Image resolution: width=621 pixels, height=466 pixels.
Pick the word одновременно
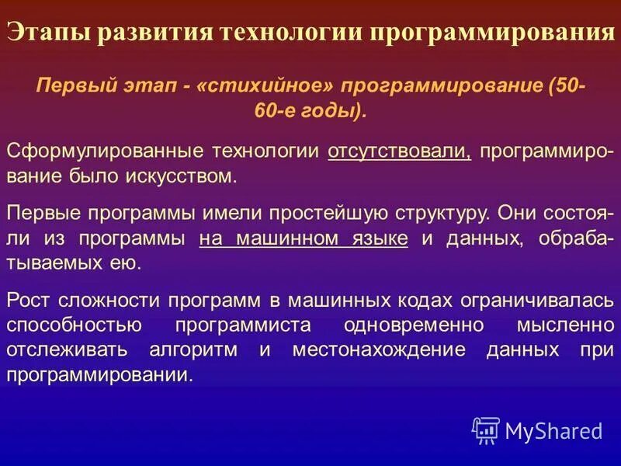click(412, 325)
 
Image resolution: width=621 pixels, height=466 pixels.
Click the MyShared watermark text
click(553, 429)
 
